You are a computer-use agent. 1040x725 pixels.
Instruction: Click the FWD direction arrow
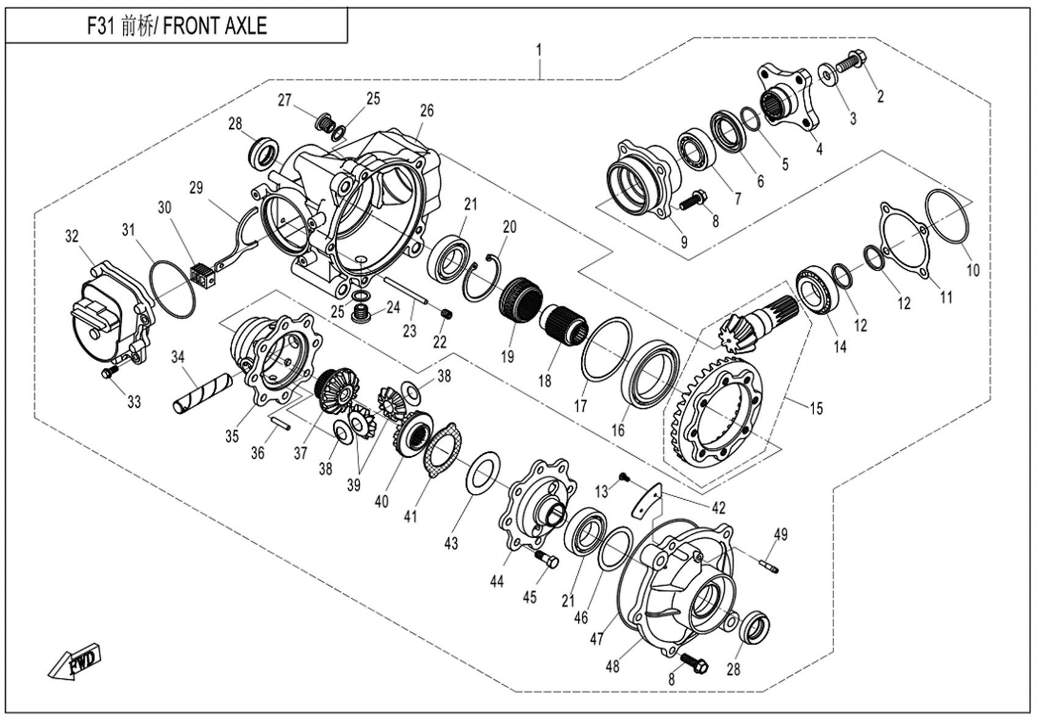pyautogui.click(x=75, y=662)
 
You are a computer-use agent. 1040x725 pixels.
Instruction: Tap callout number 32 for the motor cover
pyautogui.click(x=72, y=236)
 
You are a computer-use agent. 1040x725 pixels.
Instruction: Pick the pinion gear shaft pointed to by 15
pyautogui.click(x=757, y=326)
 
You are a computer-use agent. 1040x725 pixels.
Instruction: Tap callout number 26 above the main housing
pyautogui.click(x=426, y=110)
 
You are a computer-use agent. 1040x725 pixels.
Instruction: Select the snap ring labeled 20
pyautogui.click(x=482, y=277)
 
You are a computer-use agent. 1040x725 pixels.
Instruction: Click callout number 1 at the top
pyautogui.click(x=539, y=49)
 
